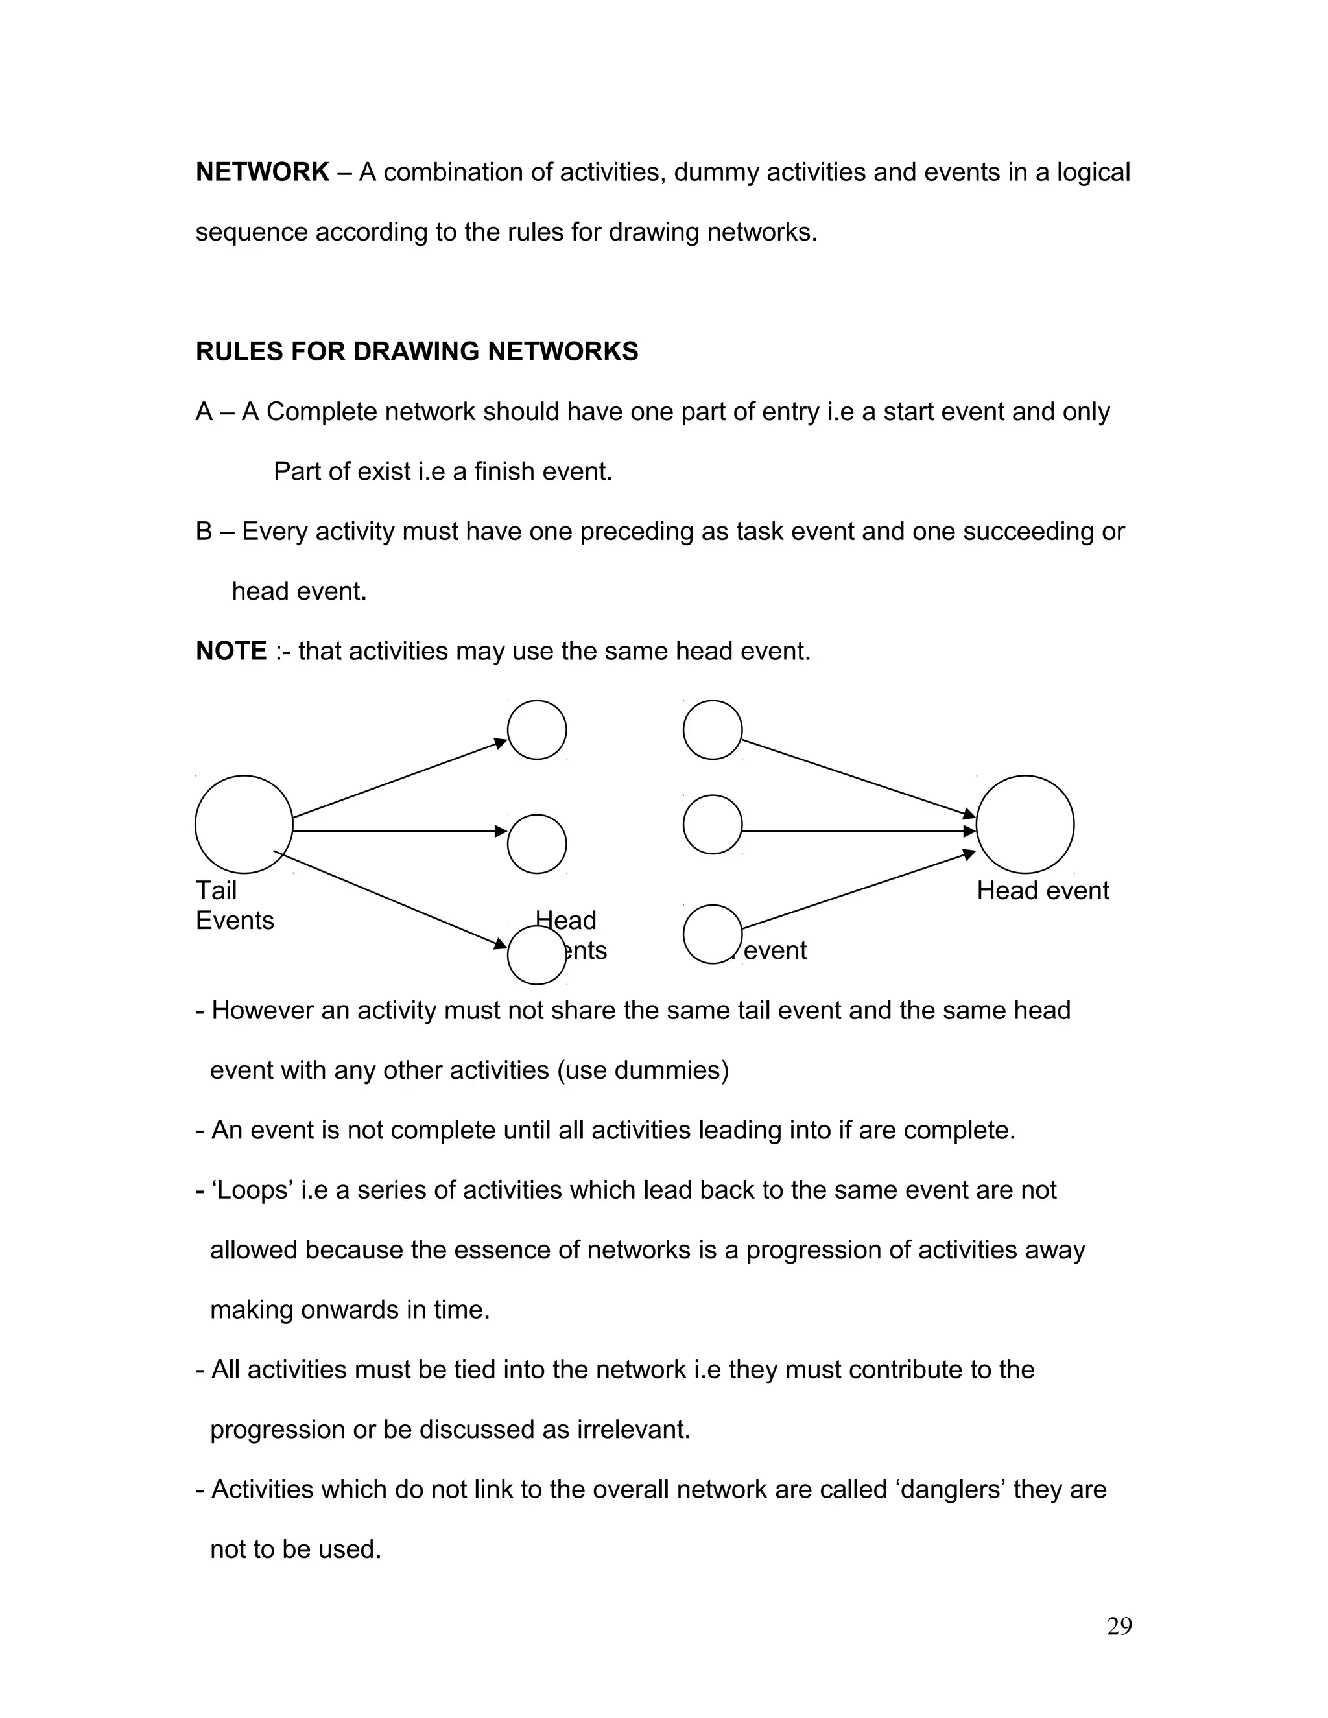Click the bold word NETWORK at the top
pyautogui.click(x=262, y=172)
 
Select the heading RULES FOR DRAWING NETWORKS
pyautogui.click(x=416, y=351)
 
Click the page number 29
pyautogui.click(x=1119, y=1626)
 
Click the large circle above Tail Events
pyautogui.click(x=244, y=825)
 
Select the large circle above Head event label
pyautogui.click(x=1025, y=825)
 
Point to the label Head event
pyautogui.click(x=1043, y=891)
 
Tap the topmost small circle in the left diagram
pyautogui.click(x=536, y=730)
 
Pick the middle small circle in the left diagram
pyautogui.click(x=536, y=844)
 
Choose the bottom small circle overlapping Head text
pyautogui.click(x=536, y=955)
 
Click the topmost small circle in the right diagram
pyautogui.click(x=712, y=730)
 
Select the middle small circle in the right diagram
pyautogui.click(x=712, y=825)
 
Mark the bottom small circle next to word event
pyautogui.click(x=712, y=934)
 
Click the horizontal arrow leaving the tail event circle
pyautogui.click(x=397, y=830)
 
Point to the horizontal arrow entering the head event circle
pyautogui.click(x=857, y=830)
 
